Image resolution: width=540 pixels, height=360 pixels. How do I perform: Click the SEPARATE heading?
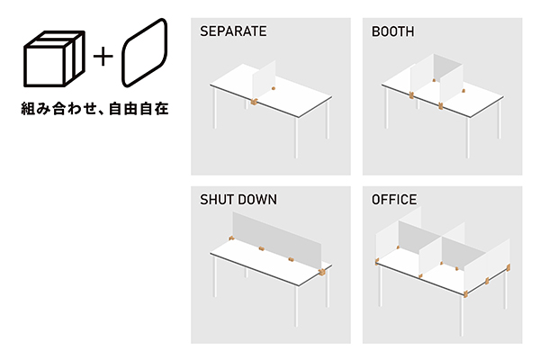[232, 31]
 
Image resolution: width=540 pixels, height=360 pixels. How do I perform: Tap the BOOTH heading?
[392, 31]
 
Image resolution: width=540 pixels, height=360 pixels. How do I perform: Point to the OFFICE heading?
[394, 199]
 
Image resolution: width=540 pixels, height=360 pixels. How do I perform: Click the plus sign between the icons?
[104, 55]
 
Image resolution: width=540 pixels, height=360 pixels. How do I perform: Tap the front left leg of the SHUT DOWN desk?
[213, 274]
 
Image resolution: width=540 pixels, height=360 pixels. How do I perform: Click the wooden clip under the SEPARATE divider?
[254, 102]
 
